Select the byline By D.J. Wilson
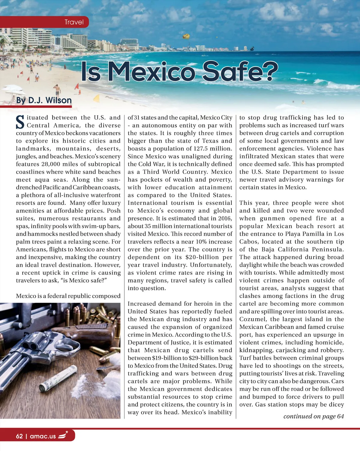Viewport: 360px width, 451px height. coord(44,100)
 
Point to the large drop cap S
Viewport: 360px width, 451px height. coord(20,122)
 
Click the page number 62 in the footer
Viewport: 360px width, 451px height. coord(19,436)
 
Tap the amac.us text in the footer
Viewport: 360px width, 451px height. coord(43,436)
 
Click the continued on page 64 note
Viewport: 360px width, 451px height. coord(313,416)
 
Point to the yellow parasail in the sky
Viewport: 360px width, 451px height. coord(186,36)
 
